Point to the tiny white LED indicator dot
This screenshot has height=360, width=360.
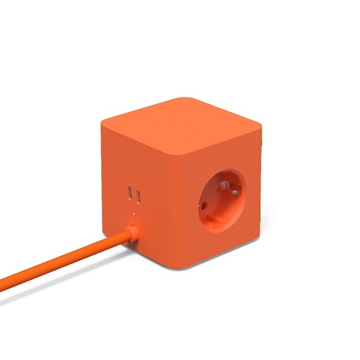[134, 214]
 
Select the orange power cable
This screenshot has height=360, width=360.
[61, 261]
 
